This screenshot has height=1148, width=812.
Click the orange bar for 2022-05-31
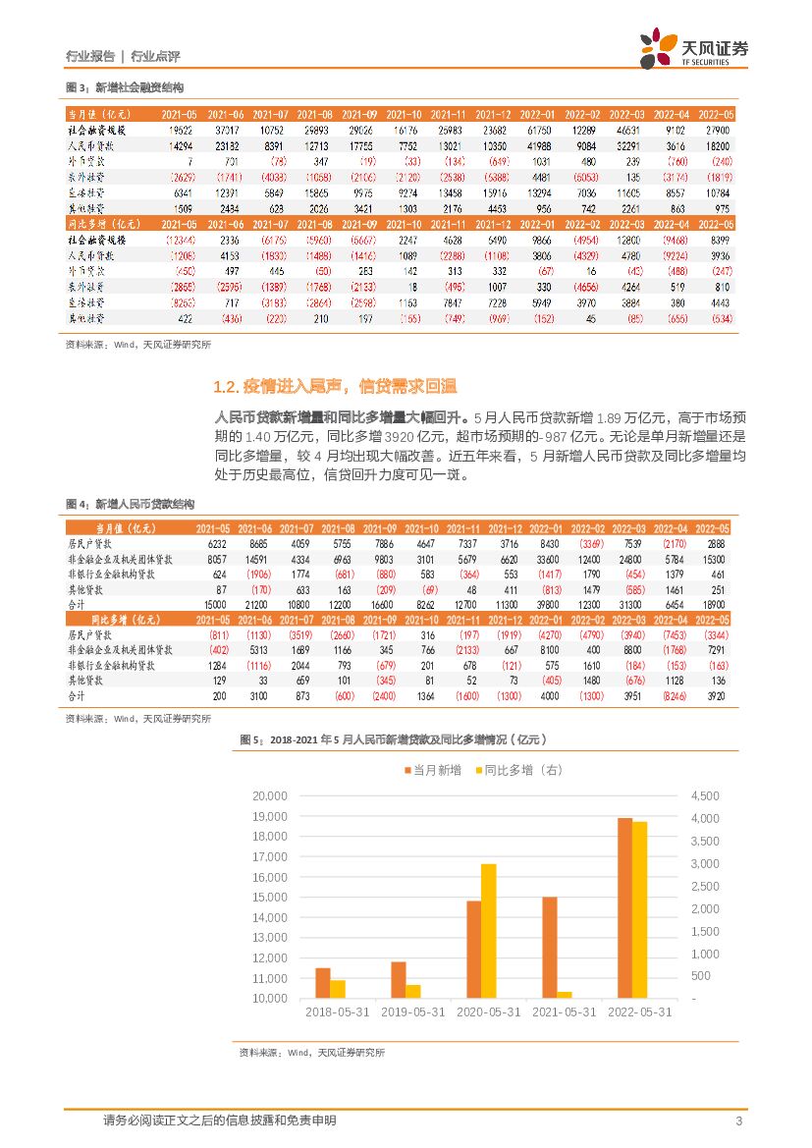(624, 907)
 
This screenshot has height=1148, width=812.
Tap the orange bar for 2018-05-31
(322, 983)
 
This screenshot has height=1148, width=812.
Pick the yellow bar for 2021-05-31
(565, 995)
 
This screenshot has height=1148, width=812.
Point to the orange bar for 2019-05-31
(398, 980)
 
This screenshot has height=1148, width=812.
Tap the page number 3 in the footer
(737, 1121)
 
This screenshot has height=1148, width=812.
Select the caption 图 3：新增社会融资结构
(124, 88)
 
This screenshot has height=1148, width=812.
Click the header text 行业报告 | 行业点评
(123, 56)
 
